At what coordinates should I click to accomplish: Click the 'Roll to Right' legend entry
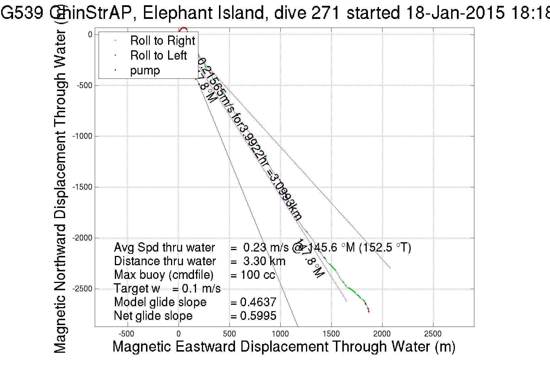162,41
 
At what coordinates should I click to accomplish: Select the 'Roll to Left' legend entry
158,56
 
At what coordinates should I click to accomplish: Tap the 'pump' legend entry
145,70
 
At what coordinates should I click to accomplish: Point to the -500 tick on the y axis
84,85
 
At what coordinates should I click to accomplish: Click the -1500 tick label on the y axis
82,187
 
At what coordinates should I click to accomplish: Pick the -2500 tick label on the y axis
82,289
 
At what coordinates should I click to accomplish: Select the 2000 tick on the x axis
382,334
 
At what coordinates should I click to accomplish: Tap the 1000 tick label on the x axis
280,334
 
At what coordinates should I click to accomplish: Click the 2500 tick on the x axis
433,334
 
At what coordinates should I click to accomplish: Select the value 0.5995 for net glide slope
258,316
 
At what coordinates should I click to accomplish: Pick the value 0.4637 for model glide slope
258,302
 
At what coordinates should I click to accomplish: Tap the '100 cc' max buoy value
258,275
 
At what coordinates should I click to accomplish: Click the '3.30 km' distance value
264,261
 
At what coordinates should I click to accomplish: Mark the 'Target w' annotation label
137,288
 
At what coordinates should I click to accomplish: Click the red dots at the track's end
368,310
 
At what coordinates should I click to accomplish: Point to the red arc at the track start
183,29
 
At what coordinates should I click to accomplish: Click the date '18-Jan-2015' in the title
455,13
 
